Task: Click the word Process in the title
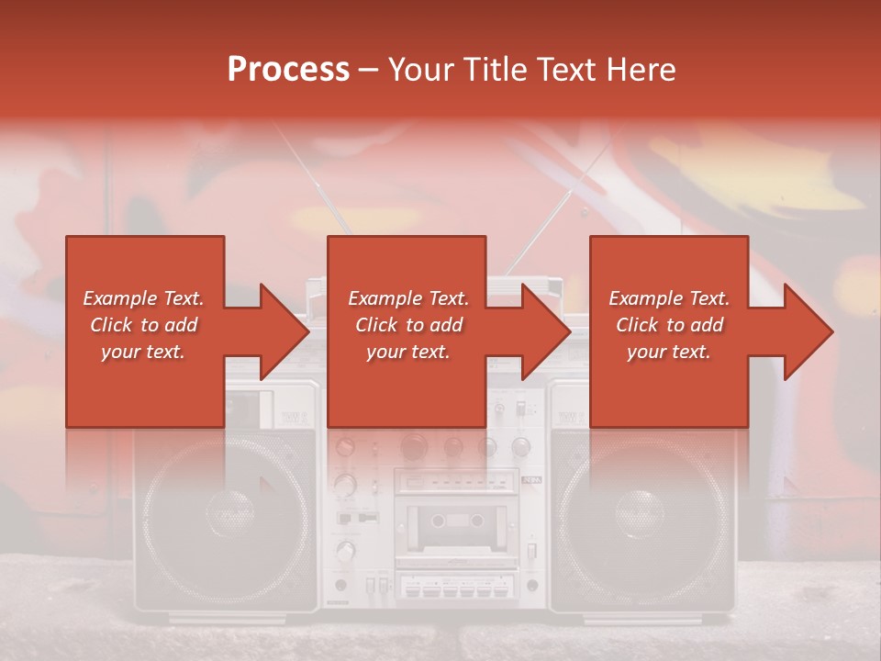point(288,70)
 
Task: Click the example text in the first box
point(143,325)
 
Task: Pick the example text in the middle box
point(408,325)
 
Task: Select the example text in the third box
point(669,325)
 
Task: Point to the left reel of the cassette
point(438,521)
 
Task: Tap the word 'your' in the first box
point(120,352)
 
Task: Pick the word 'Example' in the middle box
point(378,298)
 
